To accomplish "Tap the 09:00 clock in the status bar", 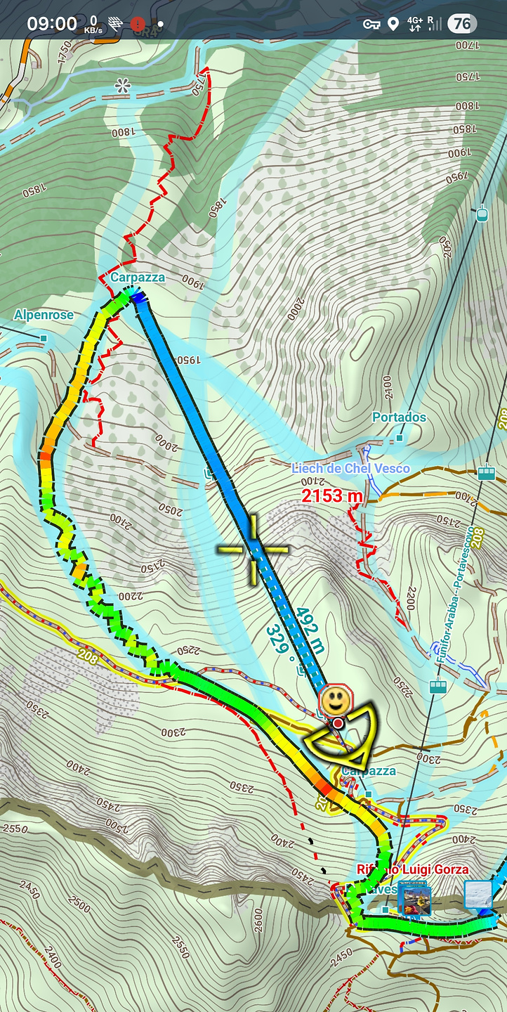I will click(x=52, y=24).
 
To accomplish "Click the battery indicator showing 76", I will click(x=462, y=24).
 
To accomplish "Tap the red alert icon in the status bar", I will click(x=138, y=24).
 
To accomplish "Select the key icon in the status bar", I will click(x=371, y=25).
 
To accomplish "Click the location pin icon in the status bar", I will click(x=393, y=25).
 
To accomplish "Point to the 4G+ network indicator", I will click(x=414, y=25).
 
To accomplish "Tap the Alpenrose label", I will click(x=44, y=315).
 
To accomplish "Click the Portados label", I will click(x=399, y=417).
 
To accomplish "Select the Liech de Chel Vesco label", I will click(x=350, y=469).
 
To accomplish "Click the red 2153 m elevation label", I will click(x=332, y=495).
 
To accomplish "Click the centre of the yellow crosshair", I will click(x=253, y=549).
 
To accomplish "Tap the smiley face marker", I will click(x=334, y=700).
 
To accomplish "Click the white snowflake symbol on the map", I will click(x=123, y=86).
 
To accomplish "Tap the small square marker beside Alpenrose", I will click(x=44, y=339).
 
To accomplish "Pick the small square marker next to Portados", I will click(x=399, y=438).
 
